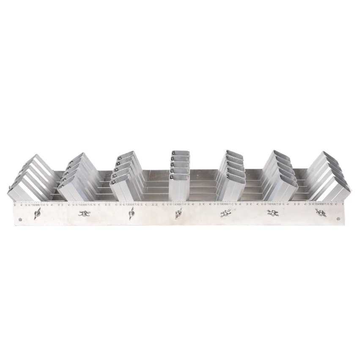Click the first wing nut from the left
tap(37, 214)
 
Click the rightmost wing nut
tap(321, 213)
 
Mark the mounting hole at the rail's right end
tap(338, 219)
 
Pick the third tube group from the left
tap(127, 176)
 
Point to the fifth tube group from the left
tap(231, 176)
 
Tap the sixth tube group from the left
tap(279, 176)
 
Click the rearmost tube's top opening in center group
tap(180, 153)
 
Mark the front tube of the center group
tap(179, 188)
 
